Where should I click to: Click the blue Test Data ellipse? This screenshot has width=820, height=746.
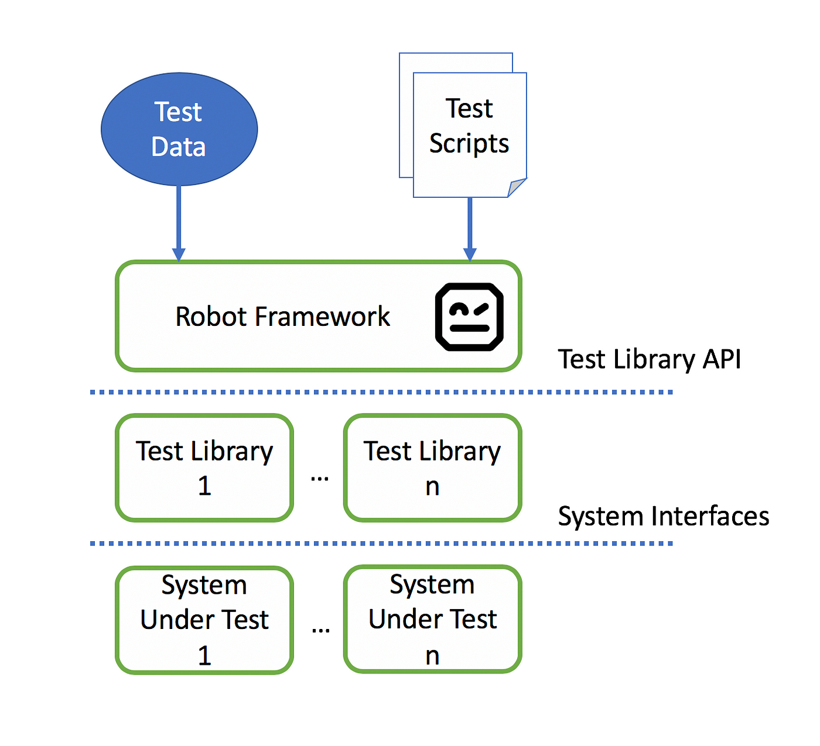point(179,129)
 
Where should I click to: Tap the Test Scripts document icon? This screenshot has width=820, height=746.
point(463,125)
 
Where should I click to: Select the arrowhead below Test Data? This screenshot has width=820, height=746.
point(179,255)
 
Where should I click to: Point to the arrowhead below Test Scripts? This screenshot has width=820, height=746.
point(470,255)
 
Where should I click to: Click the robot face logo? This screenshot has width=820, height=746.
point(469,317)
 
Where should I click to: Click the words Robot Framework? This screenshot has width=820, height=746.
point(282,317)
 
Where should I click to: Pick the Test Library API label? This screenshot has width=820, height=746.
point(649,359)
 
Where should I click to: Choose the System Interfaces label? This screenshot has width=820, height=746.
point(664,516)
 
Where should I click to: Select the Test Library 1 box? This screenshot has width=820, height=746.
point(204,467)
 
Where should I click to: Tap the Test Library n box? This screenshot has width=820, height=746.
point(432,467)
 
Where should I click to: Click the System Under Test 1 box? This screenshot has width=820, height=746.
point(204,620)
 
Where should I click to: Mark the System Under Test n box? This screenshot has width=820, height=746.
point(432,620)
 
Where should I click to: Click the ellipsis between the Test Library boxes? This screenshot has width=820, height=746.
point(320,479)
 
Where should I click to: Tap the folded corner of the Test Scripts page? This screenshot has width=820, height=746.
point(517,187)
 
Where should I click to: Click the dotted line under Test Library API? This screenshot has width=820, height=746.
point(381,392)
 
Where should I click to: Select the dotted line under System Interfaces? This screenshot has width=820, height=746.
point(381,544)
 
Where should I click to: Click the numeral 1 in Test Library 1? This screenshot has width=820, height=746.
point(204,486)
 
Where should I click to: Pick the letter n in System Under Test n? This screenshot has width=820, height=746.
point(432,656)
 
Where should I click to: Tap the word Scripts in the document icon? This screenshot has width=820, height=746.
point(469,144)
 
